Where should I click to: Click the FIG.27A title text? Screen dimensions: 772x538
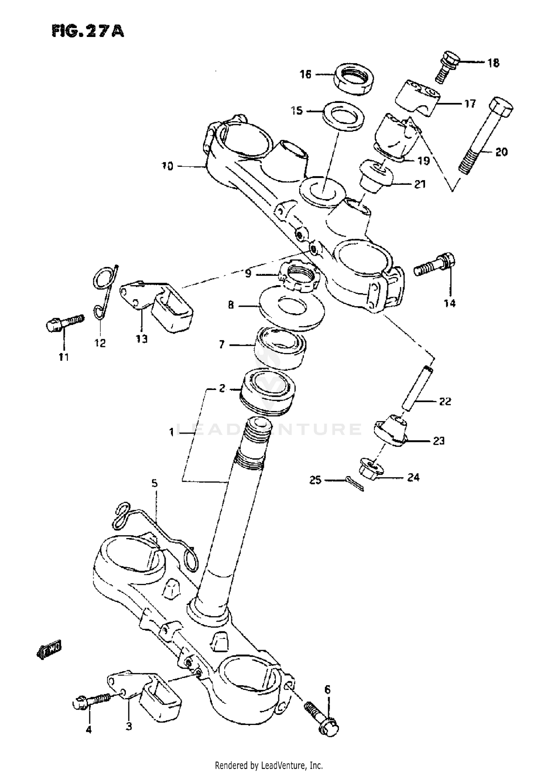(88, 31)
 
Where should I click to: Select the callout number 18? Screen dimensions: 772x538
(493, 63)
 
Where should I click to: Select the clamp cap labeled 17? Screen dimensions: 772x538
(418, 98)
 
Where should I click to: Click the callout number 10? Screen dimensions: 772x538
(167, 166)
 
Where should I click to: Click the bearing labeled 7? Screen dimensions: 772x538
(280, 347)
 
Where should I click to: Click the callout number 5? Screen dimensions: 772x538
(154, 483)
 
